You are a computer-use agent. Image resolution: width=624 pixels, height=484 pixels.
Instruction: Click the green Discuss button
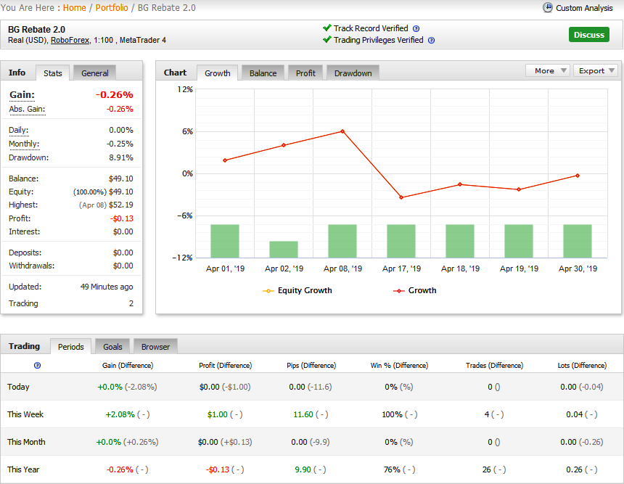[588, 35]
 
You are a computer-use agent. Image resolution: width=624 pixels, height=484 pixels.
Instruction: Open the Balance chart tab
[263, 73]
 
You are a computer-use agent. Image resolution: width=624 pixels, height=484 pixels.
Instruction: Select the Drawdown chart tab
[353, 73]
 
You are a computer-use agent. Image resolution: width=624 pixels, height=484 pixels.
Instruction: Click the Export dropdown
[596, 70]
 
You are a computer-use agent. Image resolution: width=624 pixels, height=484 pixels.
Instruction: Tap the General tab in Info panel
[95, 73]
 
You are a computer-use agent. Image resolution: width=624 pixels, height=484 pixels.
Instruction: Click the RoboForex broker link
[70, 40]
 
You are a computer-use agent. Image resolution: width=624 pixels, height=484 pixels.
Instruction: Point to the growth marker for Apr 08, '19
[342, 131]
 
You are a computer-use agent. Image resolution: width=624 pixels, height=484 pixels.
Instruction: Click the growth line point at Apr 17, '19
[401, 197]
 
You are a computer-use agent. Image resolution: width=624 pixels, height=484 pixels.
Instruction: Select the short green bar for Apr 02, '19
[284, 249]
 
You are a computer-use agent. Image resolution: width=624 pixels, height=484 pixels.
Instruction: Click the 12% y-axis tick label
[185, 89]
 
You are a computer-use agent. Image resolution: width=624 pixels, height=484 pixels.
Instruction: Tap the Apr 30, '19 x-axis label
[578, 268]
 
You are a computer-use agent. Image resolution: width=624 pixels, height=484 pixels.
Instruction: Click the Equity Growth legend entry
[297, 290]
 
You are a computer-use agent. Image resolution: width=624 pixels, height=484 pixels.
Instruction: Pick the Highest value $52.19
[121, 205]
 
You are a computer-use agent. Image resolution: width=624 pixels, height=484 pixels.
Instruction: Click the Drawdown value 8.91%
[121, 157]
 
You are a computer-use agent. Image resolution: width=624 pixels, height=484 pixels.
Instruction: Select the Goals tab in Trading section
[112, 347]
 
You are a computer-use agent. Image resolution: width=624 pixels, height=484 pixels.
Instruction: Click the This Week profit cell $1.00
[217, 414]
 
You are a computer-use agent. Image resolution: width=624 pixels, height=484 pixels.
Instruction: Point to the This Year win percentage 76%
[392, 469]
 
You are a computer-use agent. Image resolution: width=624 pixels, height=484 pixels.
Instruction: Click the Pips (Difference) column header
[311, 366]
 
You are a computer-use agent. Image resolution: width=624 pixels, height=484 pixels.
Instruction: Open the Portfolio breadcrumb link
[112, 7]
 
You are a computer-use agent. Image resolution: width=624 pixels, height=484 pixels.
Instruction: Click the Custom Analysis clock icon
[548, 7]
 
